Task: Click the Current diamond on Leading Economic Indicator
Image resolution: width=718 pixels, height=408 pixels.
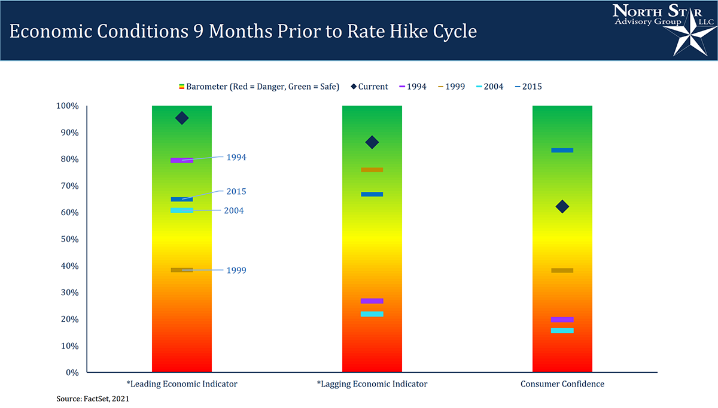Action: (x=182, y=118)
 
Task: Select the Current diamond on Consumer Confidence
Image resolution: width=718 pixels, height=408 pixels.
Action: (x=562, y=207)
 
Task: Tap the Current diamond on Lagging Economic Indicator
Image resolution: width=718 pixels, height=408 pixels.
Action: (x=372, y=142)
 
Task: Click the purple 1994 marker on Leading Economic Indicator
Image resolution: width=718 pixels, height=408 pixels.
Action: (x=182, y=160)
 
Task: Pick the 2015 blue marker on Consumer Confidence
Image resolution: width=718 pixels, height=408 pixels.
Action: (x=562, y=150)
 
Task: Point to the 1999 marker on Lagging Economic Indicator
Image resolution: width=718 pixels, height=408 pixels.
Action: (x=372, y=170)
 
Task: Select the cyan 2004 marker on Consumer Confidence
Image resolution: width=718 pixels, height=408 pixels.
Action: (x=562, y=330)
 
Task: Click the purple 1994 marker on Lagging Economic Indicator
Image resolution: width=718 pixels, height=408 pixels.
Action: (x=372, y=300)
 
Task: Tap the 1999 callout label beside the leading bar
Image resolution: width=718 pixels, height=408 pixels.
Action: (x=236, y=271)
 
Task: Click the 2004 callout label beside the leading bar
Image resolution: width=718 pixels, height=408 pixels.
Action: (x=234, y=211)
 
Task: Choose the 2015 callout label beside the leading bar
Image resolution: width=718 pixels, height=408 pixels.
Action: (x=236, y=192)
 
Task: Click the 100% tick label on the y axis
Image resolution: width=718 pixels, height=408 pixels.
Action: (x=67, y=106)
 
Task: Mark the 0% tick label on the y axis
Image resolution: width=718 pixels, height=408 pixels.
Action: (x=72, y=372)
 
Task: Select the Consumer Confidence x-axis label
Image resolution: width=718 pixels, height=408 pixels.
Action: (x=562, y=384)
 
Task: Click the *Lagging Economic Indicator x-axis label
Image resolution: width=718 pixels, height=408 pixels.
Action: (x=372, y=384)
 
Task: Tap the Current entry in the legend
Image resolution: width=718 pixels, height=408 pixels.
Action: (x=369, y=87)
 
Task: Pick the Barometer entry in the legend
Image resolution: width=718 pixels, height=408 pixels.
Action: (x=259, y=87)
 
